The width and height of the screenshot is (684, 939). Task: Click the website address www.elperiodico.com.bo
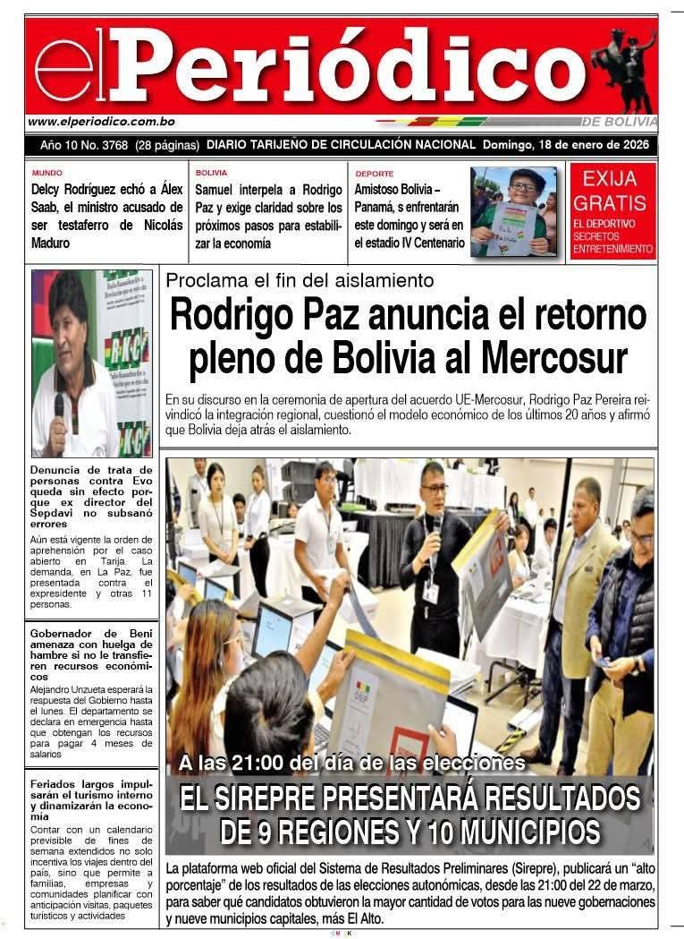coord(101,122)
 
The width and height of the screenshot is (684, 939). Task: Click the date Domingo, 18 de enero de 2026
coord(568,145)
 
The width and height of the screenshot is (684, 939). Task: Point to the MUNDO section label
coord(46,172)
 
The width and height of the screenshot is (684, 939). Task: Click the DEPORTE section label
coord(374,173)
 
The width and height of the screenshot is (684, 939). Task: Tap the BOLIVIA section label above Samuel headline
coord(211,172)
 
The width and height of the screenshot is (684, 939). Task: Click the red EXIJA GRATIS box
coord(612,211)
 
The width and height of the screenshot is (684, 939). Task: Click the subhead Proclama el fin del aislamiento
coord(300,280)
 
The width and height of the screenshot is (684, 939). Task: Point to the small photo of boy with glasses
coord(513,211)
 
